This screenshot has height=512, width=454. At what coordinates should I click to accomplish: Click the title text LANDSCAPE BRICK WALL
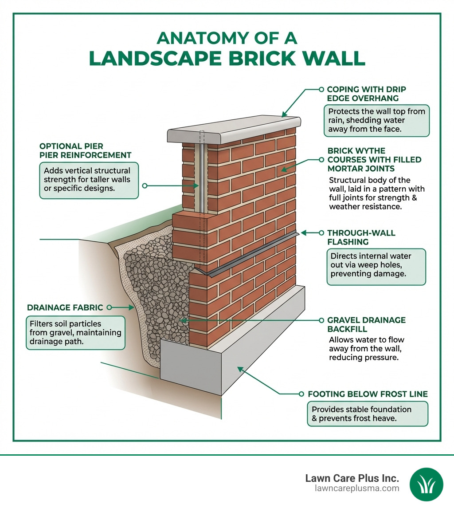coord(227,59)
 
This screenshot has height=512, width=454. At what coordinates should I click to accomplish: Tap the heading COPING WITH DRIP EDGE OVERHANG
coord(366,94)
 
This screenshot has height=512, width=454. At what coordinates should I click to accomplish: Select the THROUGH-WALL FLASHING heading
coord(361,237)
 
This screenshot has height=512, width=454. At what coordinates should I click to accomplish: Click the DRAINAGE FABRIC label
coord(65,307)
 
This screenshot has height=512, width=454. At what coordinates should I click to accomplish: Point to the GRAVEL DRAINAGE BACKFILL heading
coord(366,324)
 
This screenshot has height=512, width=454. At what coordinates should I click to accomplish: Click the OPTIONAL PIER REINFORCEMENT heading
coord(85,151)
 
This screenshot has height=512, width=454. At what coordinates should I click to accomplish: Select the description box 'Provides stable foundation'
coord(368,414)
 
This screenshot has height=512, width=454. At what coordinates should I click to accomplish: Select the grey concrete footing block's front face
coord(191,368)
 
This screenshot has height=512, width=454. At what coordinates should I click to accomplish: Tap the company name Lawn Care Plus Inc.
coord(352,478)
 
